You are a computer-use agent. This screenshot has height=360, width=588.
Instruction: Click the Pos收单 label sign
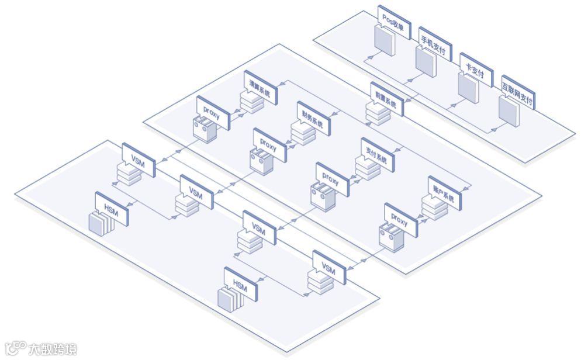393,23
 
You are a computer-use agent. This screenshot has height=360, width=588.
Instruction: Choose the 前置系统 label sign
385,98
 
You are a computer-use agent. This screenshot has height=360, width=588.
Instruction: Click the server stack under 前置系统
378,114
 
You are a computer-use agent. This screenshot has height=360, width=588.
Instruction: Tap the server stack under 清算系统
250,103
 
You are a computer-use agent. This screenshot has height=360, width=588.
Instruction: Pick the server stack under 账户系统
434,209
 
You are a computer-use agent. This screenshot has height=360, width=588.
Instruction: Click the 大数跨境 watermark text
53,349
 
